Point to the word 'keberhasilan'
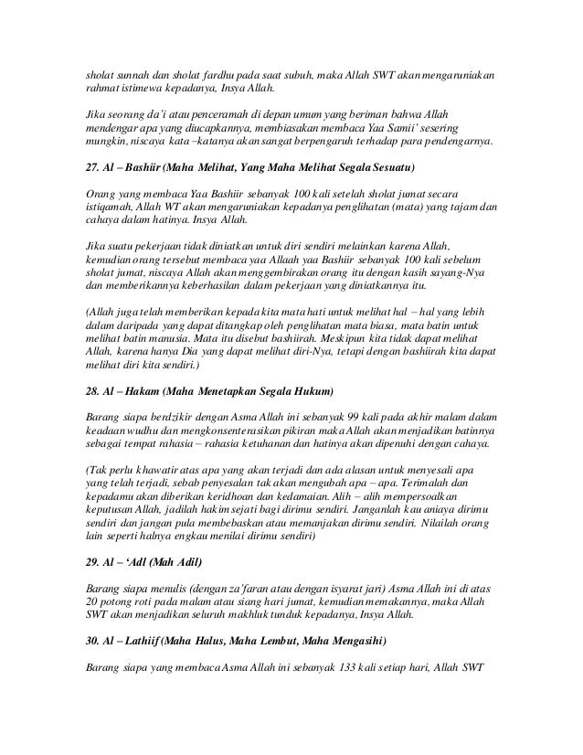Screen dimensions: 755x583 point(208,291)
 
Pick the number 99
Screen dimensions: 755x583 point(332,417)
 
